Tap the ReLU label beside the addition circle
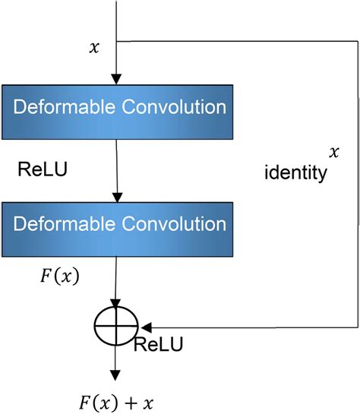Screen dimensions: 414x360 click(x=158, y=345)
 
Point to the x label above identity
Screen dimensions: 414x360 click(x=332, y=153)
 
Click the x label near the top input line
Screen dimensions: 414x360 click(x=94, y=48)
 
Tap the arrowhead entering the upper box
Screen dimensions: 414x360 click(x=116, y=79)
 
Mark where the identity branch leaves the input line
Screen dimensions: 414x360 click(x=116, y=41)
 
